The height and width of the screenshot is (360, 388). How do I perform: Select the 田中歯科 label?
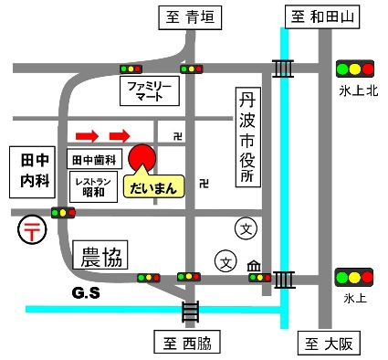(x=96, y=159)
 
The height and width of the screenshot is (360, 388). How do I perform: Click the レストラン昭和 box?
(x=92, y=187)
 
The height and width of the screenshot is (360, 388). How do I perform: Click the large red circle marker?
(x=143, y=158)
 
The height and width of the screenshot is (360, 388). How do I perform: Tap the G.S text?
(x=85, y=293)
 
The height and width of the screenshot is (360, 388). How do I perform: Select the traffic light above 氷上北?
(x=354, y=68)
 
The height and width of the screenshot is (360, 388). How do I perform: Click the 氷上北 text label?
(x=355, y=90)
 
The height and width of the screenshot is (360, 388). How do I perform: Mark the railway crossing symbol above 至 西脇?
(x=190, y=312)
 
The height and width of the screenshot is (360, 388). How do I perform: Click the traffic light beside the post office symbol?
(x=63, y=213)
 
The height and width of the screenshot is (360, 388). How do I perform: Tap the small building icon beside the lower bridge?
(x=255, y=266)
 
